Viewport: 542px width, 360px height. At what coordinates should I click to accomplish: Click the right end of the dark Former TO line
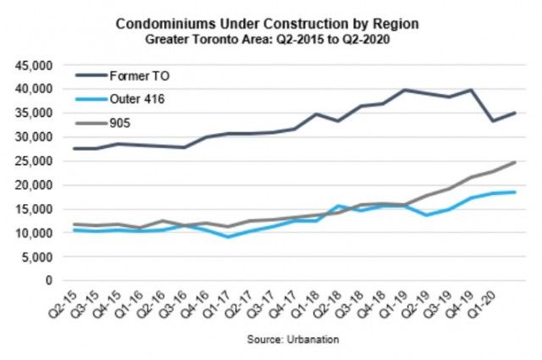(x=516, y=113)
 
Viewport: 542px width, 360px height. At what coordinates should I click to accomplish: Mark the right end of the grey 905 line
(x=516, y=162)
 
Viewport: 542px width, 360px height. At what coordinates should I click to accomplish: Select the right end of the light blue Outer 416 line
(x=516, y=191)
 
